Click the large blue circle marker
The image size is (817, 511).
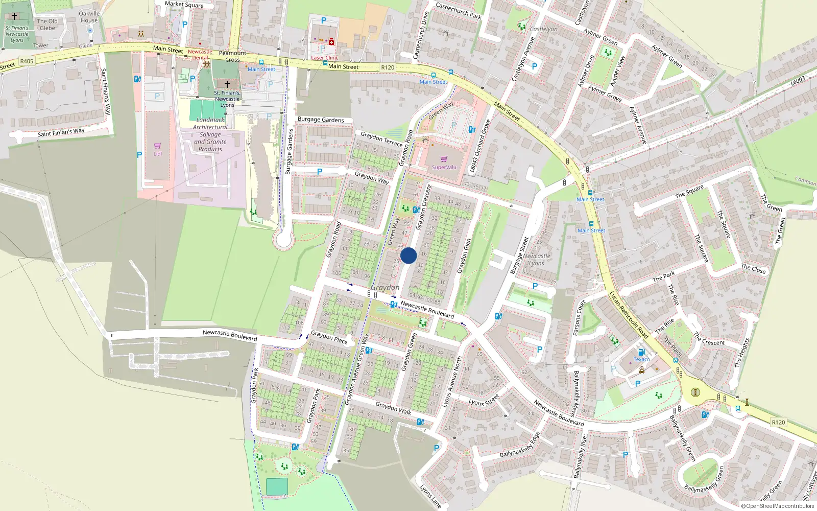pos(408,255)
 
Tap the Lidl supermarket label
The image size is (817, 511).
pos(157,154)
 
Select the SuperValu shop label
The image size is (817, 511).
pos(444,167)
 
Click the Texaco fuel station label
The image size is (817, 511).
pos(642,359)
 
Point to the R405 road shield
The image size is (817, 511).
pos(27,61)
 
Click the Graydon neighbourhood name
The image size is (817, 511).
pos(385,288)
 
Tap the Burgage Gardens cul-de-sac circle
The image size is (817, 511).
pos(283,239)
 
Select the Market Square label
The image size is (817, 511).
pos(184,4)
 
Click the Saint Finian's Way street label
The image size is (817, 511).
pos(61,132)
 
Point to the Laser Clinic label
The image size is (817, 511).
pos(325,58)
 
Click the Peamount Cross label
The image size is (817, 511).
pos(232,56)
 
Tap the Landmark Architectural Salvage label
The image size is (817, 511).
pos(210,134)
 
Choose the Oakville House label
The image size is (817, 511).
pos(89,17)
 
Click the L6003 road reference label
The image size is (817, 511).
pos(798,81)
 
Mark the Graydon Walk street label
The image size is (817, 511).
pos(393,408)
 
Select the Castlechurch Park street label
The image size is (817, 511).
pos(458,10)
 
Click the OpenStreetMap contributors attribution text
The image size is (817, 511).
pos(777,506)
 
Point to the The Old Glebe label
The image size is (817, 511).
pos(47,25)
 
